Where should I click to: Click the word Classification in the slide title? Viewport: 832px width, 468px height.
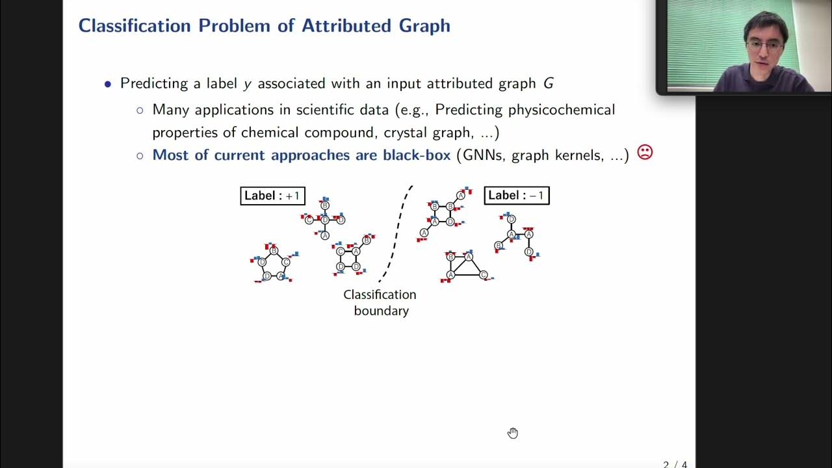pyautogui.click(x=133, y=26)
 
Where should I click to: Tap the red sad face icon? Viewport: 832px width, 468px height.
pyautogui.click(x=644, y=152)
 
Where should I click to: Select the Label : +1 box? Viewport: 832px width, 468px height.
pyautogui.click(x=272, y=196)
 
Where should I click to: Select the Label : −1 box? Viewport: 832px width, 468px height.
pyautogui.click(x=517, y=195)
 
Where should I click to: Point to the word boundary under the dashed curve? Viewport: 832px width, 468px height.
pyautogui.click(x=381, y=311)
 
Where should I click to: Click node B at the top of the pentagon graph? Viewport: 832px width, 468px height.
pyautogui.click(x=274, y=251)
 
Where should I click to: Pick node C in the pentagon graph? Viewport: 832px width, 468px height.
pyautogui.click(x=285, y=262)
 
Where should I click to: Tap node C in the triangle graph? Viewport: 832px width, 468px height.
pyautogui.click(x=483, y=275)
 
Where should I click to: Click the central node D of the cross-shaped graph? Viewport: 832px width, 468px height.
pyautogui.click(x=325, y=220)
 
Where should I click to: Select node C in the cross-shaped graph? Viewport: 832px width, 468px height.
pyautogui.click(x=309, y=220)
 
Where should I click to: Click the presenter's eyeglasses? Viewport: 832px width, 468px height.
pyautogui.click(x=764, y=45)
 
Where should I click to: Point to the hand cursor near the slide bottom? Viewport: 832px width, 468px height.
pyautogui.click(x=513, y=433)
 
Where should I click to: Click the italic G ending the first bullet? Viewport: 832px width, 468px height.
pyautogui.click(x=549, y=84)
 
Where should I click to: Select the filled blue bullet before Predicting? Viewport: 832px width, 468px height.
pyautogui.click(x=108, y=84)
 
